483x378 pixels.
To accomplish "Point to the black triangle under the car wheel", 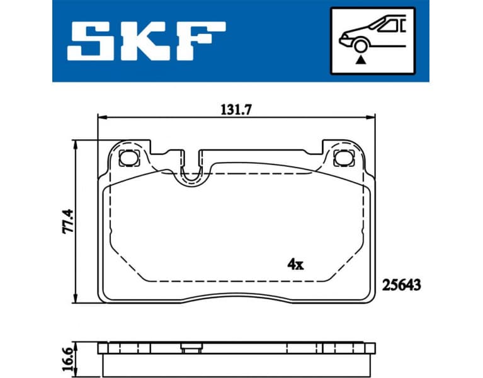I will click(360, 59).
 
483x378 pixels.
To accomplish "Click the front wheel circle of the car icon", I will click(360, 45).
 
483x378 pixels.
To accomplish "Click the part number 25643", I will click(402, 285).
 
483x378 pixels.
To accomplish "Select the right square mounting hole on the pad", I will click(344, 157).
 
